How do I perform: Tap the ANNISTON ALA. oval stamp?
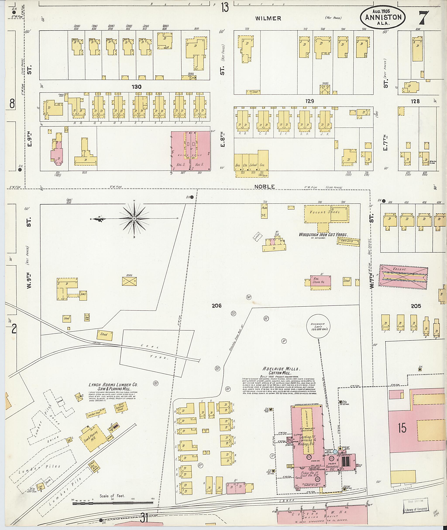coord(383,17)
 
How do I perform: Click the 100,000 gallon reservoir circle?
coord(319,327)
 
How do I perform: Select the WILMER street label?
coord(268,18)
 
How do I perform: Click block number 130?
coord(136,87)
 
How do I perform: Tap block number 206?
coord(217,306)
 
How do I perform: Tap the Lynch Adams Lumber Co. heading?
coord(113,386)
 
